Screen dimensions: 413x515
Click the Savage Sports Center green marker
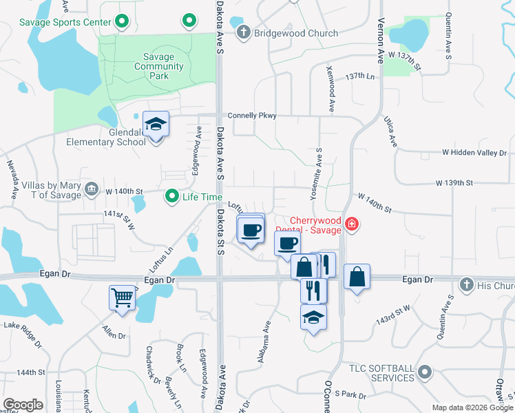click(122, 22)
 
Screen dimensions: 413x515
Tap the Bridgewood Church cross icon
click(243, 32)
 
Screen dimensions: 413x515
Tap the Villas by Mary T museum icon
click(91, 189)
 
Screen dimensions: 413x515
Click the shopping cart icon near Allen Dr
click(123, 299)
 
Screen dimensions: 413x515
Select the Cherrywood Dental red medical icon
click(351, 224)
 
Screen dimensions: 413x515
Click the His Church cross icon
click(466, 284)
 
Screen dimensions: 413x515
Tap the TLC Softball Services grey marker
click(425, 372)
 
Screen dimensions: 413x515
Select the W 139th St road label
click(454, 183)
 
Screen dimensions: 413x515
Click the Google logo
click(23, 405)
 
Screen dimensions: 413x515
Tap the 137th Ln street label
click(363, 76)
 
